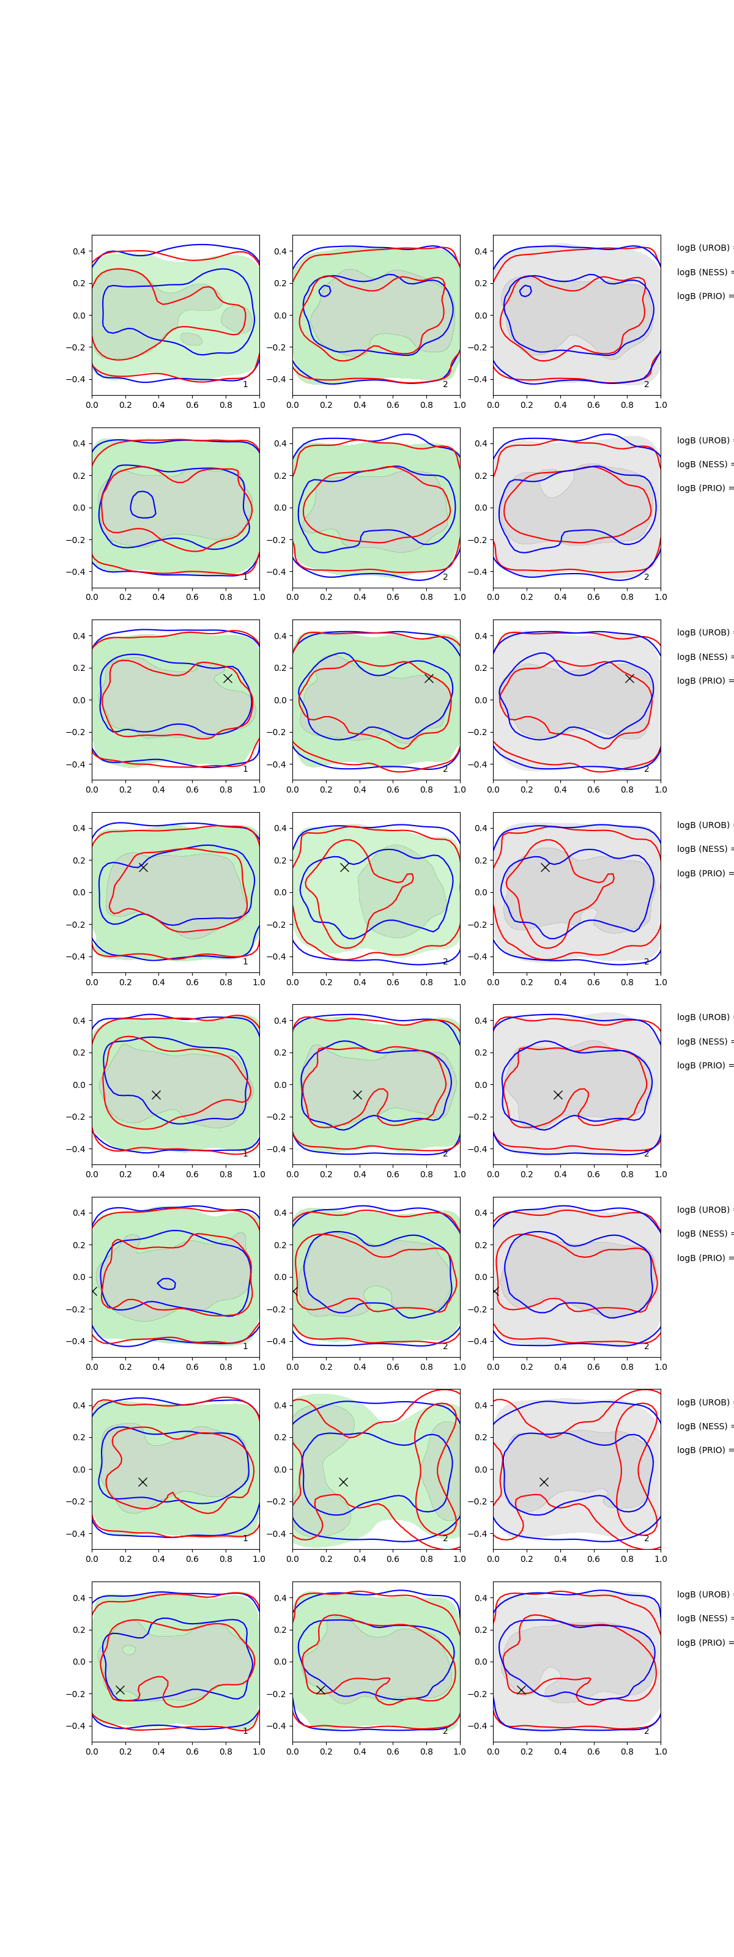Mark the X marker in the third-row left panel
click(x=227, y=678)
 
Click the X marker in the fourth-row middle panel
click(x=344, y=867)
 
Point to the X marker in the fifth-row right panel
click(x=558, y=1095)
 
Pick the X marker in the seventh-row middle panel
click(x=343, y=1481)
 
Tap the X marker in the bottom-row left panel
click(x=120, y=1690)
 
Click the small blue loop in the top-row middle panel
click(x=325, y=290)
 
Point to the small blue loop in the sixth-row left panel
click(x=167, y=1284)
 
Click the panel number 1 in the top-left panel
click(x=245, y=385)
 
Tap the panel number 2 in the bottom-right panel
click(x=647, y=1731)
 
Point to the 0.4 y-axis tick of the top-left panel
click(x=79, y=251)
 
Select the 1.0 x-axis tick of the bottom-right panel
click(x=661, y=1751)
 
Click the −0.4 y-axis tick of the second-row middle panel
click(x=278, y=572)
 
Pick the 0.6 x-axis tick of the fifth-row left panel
click(x=192, y=1174)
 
